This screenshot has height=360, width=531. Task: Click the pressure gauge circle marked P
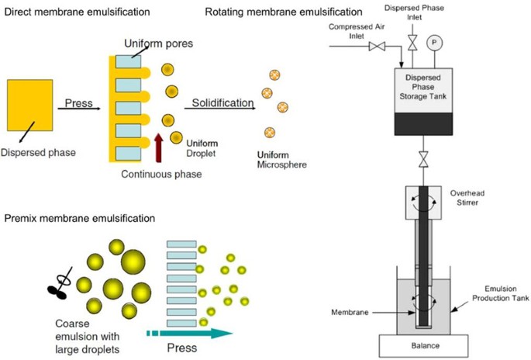click(434, 43)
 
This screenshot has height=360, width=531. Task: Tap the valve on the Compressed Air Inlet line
click(377, 46)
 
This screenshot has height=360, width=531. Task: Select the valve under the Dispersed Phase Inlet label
click(412, 43)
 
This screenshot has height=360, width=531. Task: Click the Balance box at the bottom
click(424, 346)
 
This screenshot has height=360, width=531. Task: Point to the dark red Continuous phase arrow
click(158, 147)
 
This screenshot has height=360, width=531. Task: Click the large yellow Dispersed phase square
click(29, 105)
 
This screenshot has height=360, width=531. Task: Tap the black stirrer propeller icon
click(60, 285)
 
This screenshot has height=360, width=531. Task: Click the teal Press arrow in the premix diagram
click(190, 333)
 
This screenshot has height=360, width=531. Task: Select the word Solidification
click(222, 102)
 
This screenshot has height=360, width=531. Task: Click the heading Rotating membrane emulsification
click(284, 12)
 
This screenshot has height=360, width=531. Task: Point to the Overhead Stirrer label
click(467, 198)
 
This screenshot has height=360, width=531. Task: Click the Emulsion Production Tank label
click(501, 293)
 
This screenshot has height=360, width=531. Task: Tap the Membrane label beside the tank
click(350, 312)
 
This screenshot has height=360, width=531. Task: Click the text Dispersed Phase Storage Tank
click(423, 87)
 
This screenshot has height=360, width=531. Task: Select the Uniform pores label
click(158, 43)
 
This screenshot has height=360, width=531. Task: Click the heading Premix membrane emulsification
click(80, 218)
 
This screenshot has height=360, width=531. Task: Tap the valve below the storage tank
click(423, 159)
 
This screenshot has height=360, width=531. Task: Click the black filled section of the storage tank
click(423, 124)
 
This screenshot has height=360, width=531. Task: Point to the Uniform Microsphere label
click(281, 160)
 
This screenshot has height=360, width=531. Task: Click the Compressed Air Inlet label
click(357, 31)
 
